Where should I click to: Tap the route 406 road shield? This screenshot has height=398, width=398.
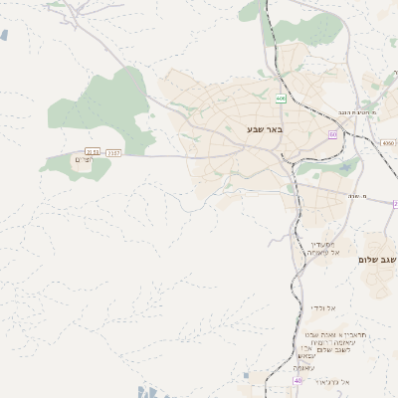(x=282, y=99)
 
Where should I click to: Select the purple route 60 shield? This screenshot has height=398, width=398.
(x=332, y=133)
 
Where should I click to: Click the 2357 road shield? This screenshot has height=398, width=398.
(x=113, y=152)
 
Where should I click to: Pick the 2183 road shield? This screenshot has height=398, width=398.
(x=93, y=152)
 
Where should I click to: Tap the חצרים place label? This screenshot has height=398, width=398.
(x=83, y=160)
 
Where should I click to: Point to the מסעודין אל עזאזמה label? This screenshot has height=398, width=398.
(x=324, y=248)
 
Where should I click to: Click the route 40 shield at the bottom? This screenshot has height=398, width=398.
(x=298, y=380)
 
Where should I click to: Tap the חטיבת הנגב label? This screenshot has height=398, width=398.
(x=377, y=113)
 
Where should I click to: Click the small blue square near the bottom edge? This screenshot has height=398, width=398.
(x=248, y=375)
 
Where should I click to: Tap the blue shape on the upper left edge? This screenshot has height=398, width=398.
(x=3, y=35)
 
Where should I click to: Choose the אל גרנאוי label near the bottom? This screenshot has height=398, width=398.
(x=329, y=382)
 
